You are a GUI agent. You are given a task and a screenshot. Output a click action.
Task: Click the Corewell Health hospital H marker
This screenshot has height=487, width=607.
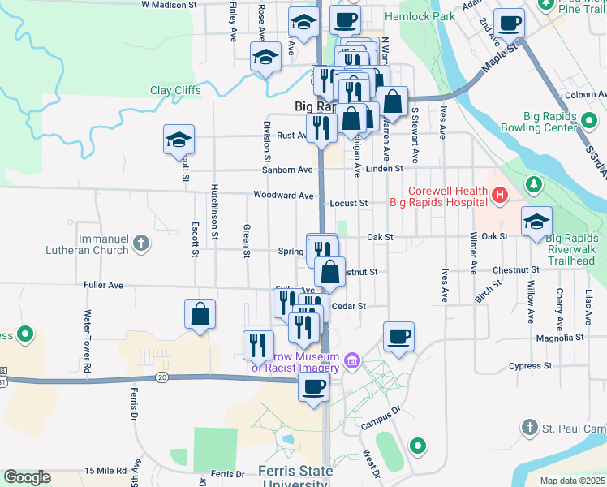(499, 195)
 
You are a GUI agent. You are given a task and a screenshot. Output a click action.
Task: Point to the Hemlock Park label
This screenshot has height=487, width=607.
(420, 16)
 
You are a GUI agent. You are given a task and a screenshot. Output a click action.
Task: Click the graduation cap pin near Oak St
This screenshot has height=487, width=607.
(536, 221)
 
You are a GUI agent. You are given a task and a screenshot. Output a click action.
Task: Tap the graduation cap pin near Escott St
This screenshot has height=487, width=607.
(179, 140)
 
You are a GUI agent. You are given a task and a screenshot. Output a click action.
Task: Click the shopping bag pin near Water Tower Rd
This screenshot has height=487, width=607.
(200, 313)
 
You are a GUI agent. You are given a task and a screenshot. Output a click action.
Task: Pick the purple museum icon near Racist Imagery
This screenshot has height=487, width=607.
(351, 360)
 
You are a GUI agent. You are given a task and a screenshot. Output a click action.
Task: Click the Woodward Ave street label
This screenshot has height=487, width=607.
(283, 196)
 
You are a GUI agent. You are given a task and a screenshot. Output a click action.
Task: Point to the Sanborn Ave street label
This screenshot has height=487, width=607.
(287, 170)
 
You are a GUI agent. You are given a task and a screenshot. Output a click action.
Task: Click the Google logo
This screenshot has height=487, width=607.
(28, 477)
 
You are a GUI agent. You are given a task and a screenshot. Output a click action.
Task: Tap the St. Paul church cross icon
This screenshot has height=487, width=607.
(529, 427)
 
